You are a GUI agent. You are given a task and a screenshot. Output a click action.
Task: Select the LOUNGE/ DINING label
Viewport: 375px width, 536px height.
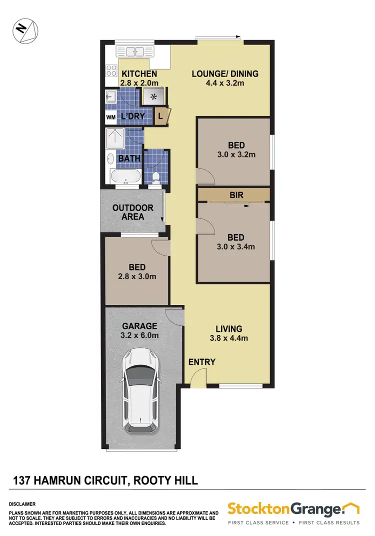[x=225, y=74]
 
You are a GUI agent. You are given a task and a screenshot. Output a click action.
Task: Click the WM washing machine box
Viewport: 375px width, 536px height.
[x=110, y=117]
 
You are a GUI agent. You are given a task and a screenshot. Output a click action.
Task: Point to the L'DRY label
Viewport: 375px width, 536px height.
[x=132, y=117]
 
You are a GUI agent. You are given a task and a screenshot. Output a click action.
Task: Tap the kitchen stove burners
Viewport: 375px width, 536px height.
[x=111, y=71]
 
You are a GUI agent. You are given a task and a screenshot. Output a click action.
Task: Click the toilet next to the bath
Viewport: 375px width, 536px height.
[x=155, y=177]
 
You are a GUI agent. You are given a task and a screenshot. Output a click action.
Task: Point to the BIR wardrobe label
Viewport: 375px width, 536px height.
[x=236, y=195]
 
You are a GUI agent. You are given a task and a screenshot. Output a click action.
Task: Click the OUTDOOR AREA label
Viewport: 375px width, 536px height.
[x=132, y=212]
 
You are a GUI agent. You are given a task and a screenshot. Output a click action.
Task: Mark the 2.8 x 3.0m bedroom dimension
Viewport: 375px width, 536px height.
[x=137, y=276]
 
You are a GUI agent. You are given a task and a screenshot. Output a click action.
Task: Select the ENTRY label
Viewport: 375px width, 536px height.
[x=202, y=362]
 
